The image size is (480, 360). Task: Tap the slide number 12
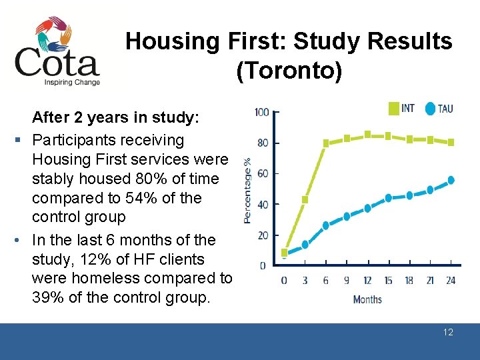click(448, 332)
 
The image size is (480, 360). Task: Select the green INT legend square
click(393, 108)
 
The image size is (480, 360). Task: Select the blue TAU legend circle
click(430, 108)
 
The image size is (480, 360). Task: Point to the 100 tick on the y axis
click(262, 112)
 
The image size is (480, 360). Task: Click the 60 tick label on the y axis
click(263, 173)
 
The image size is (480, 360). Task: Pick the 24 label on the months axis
click(451, 281)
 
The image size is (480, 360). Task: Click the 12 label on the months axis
click(367, 281)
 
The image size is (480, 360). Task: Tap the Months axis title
click(367, 299)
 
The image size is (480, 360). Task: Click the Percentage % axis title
click(247, 190)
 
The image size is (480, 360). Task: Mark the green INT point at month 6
click(326, 143)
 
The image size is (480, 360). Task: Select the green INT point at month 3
click(305, 199)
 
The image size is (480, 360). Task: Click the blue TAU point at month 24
click(451, 180)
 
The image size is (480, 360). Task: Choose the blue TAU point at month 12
click(367, 208)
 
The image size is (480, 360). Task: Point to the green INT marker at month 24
click(451, 142)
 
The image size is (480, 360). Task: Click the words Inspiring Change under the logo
click(72, 83)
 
